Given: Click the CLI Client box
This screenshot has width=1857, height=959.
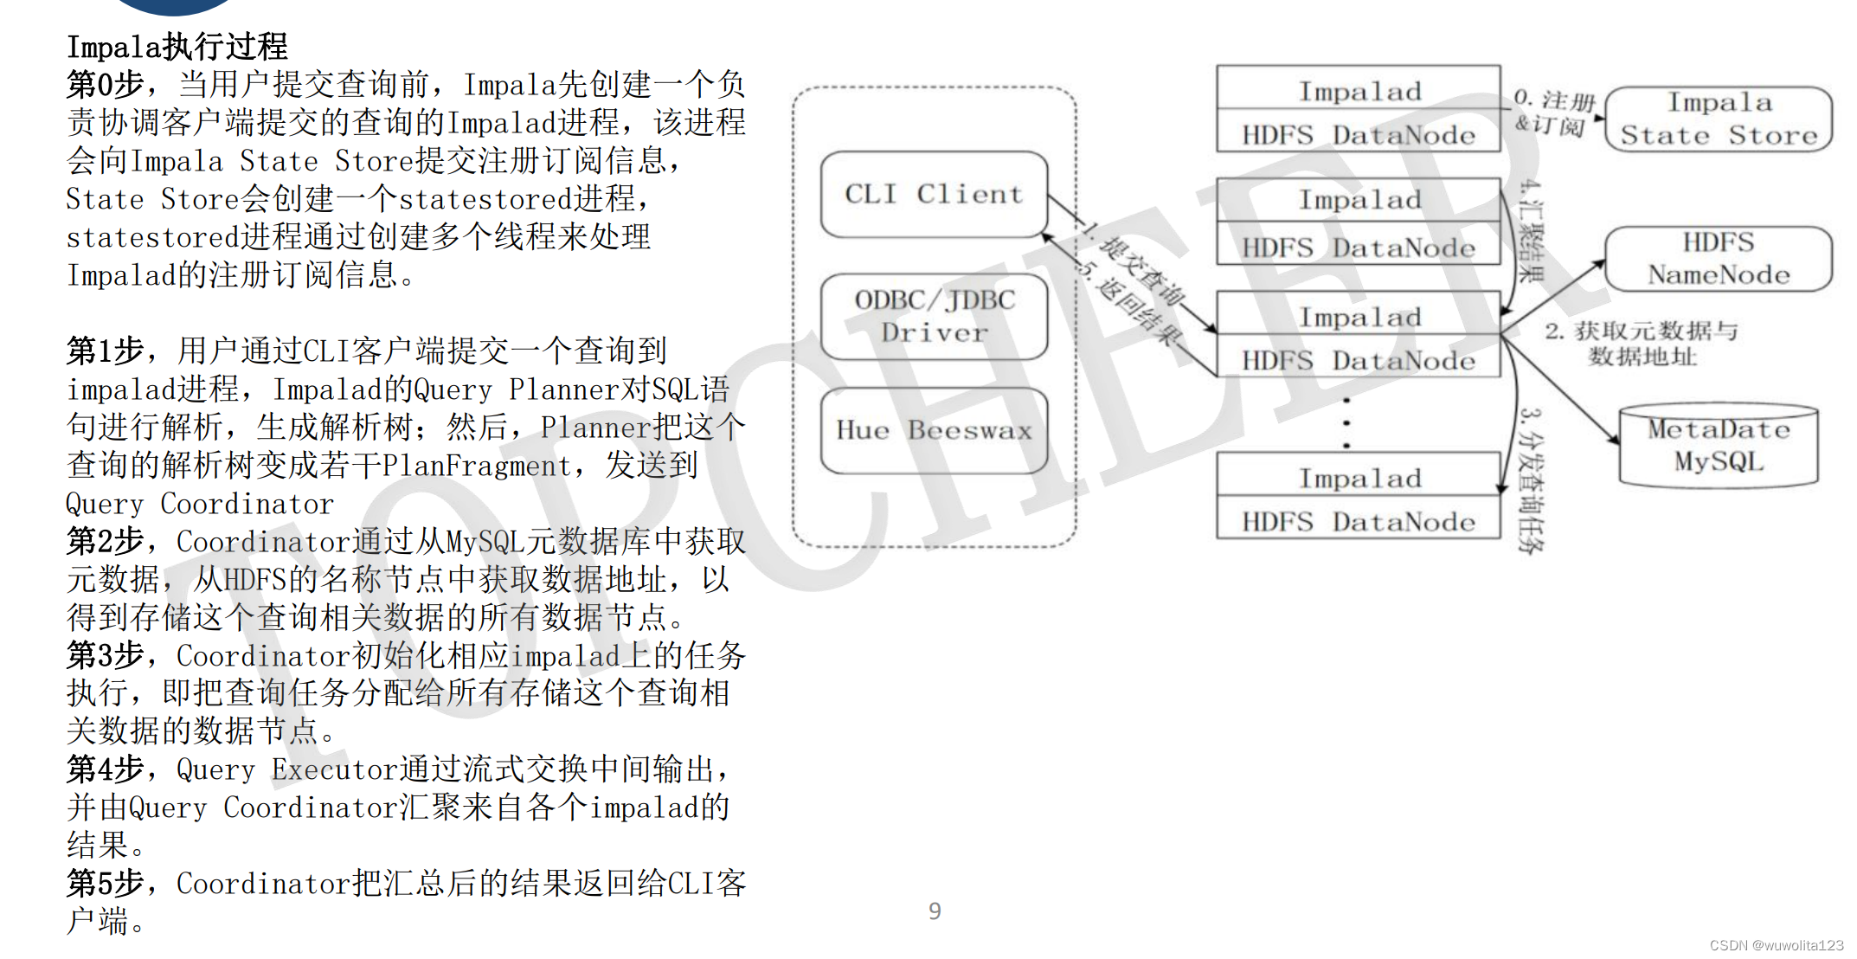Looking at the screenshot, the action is coord(934,194).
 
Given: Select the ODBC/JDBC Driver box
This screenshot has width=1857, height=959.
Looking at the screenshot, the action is coord(934,316).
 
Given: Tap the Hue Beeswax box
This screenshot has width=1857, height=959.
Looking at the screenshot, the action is coord(934,430).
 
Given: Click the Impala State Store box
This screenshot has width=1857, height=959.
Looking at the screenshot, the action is coord(1719,119).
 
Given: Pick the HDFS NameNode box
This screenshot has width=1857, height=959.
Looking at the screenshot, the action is coord(1719,259).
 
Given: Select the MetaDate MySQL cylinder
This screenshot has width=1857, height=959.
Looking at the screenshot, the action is coord(1719,445).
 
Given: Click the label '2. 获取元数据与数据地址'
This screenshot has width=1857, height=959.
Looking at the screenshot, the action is coord(1642,344).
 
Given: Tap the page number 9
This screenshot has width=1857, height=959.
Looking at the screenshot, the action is coord(935,911).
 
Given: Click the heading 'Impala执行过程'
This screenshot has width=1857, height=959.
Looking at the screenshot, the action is coord(177,47).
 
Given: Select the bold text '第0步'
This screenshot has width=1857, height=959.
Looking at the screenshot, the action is coord(105,85).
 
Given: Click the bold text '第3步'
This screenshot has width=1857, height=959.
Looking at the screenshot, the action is coord(105,655).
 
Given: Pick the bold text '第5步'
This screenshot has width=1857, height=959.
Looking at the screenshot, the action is coord(105,883).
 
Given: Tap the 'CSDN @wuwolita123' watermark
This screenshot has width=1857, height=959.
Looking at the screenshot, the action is coord(1777,945).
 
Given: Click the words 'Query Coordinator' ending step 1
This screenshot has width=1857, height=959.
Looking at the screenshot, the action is coord(200,504).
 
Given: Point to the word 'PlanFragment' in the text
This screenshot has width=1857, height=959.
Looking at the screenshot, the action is coord(477,466).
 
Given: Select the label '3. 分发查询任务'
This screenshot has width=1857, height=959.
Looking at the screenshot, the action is coord(1532,480).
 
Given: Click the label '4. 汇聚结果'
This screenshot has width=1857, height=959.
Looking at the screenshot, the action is coord(1532,231).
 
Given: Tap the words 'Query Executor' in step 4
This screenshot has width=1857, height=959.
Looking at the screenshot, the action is coord(287,769).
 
